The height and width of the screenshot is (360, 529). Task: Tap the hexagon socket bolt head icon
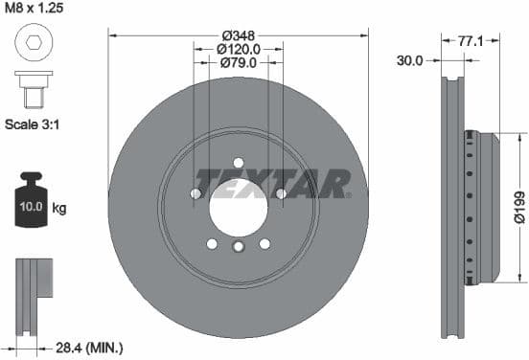click(31, 44)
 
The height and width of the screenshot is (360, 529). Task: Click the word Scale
click(22, 124)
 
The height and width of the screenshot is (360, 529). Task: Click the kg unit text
click(59, 208)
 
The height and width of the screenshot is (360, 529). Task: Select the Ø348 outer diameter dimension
click(238, 34)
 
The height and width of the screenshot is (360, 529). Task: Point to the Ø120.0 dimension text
click(238, 49)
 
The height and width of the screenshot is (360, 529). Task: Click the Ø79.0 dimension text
click(238, 63)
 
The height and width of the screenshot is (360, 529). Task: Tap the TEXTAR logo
click(273, 182)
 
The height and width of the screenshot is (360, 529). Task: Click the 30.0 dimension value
click(411, 59)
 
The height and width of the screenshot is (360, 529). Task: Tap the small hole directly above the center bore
click(238, 163)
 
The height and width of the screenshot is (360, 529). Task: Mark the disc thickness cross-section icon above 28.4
click(34, 291)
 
